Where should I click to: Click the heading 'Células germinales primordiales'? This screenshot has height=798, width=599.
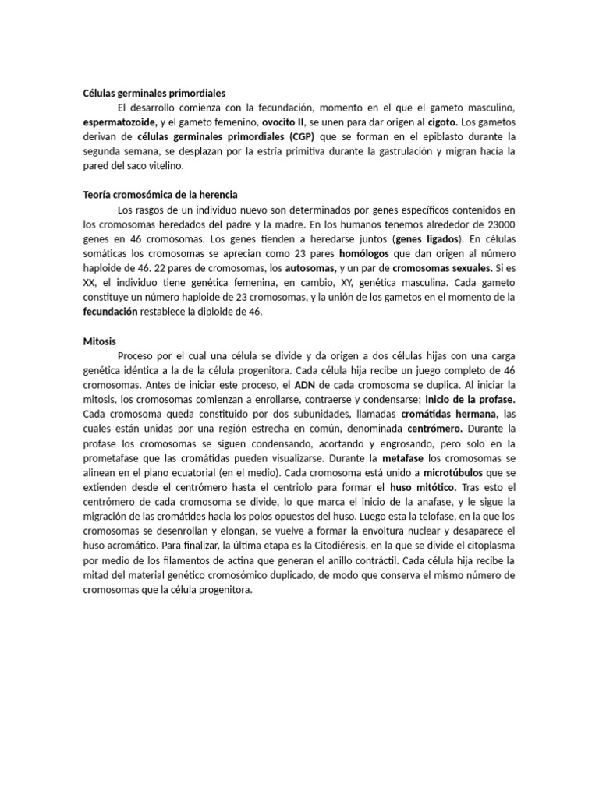(x=154, y=94)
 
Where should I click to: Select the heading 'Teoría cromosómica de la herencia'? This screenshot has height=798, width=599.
(x=160, y=194)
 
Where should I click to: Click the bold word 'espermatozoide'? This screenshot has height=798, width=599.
(x=120, y=123)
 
